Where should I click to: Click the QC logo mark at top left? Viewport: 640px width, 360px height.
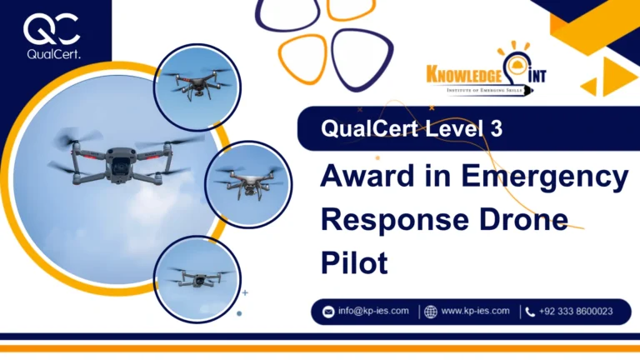pos(52,30)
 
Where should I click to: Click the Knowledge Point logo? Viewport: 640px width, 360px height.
pos(486,76)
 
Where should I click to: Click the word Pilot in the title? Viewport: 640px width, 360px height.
pos(354,262)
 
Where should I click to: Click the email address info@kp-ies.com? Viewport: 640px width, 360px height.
pos(373,311)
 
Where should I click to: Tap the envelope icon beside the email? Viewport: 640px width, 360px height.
pos(328,312)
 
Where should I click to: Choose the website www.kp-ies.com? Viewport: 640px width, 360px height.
pos(475,311)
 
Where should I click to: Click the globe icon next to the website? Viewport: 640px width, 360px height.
pos(430,312)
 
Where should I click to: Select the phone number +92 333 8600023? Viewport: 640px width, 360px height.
pos(576,311)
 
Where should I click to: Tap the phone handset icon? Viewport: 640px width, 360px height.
pos(530,312)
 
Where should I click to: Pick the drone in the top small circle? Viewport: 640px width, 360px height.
pos(196,83)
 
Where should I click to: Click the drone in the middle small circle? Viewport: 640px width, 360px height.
pos(247,183)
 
